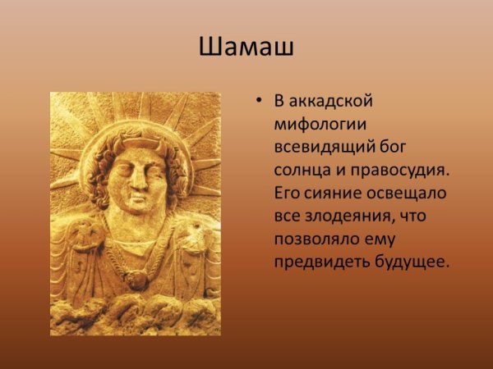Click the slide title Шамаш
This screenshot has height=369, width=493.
246,47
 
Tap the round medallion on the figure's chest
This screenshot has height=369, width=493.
137,279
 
